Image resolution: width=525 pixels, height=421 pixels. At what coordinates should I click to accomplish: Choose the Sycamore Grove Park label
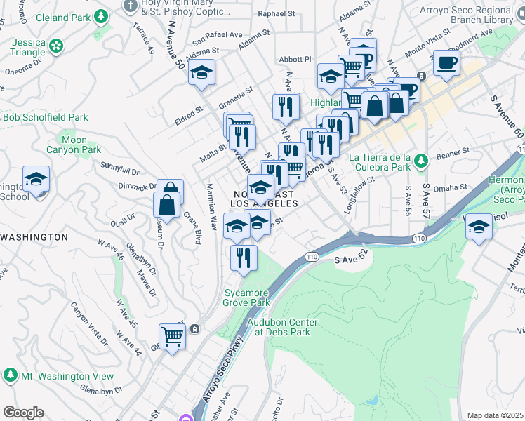click(x=246, y=298)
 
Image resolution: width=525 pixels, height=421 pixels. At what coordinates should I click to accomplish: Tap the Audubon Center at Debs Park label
click(x=282, y=327)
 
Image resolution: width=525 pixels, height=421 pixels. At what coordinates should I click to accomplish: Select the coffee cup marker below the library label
click(x=446, y=63)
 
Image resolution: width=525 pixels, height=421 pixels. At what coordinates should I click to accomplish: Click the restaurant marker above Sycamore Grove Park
click(x=244, y=258)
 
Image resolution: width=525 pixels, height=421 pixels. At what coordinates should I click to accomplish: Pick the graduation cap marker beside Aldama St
click(x=201, y=73)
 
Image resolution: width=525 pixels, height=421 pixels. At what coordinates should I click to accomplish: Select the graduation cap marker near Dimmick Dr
click(x=36, y=178)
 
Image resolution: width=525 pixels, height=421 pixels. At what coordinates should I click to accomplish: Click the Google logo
click(x=23, y=413)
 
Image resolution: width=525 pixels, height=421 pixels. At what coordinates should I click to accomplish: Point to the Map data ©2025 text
click(x=495, y=415)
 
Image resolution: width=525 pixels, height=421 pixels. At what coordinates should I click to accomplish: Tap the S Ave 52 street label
click(x=352, y=260)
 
